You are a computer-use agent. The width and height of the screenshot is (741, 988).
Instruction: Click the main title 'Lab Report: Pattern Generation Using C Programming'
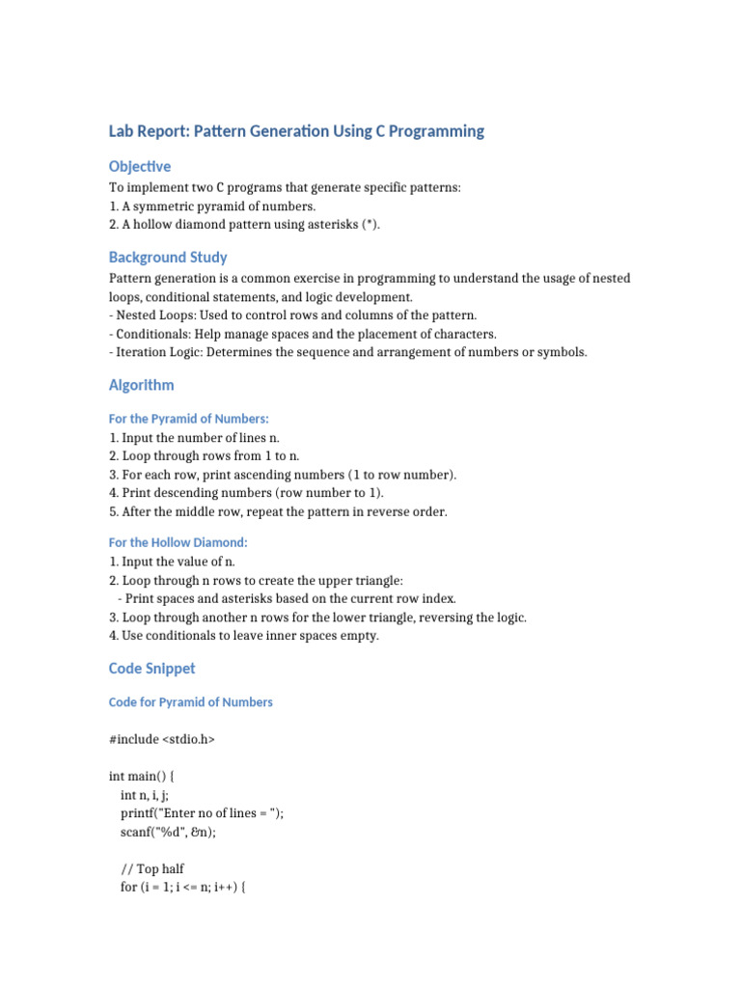(296, 130)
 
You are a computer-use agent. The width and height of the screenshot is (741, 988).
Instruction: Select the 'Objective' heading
(140, 166)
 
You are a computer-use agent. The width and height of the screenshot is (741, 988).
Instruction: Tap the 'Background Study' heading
(168, 257)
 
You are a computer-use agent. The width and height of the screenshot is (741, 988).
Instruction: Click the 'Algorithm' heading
(142, 385)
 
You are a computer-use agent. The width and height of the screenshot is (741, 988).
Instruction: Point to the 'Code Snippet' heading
(151, 668)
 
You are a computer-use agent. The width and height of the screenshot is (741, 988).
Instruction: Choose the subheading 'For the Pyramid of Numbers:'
(188, 419)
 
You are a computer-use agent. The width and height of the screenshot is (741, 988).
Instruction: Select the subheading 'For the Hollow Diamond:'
(178, 542)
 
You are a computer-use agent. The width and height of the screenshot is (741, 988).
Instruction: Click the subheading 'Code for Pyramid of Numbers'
(191, 702)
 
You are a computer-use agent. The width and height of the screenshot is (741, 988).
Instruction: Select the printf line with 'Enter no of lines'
(202, 813)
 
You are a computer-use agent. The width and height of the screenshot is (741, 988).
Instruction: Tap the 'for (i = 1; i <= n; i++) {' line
(184, 887)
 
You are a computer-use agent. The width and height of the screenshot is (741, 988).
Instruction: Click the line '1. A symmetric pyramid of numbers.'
(212, 206)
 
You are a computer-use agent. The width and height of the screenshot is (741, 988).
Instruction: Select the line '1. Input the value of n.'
(172, 562)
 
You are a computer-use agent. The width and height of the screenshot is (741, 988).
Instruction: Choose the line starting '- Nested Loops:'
(293, 316)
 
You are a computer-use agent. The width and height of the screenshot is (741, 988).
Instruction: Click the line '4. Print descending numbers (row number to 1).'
(246, 493)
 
